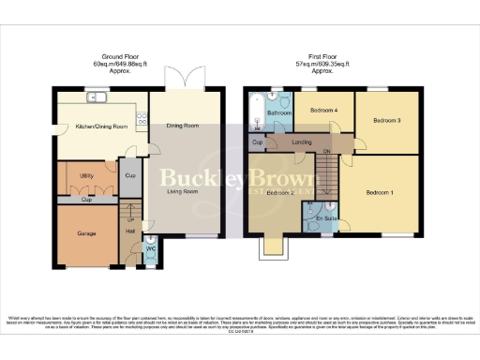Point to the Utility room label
86,175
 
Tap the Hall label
130,231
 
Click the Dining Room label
184,125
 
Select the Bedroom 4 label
323,111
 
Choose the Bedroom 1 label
380,192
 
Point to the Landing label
302,142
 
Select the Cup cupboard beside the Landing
256,142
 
